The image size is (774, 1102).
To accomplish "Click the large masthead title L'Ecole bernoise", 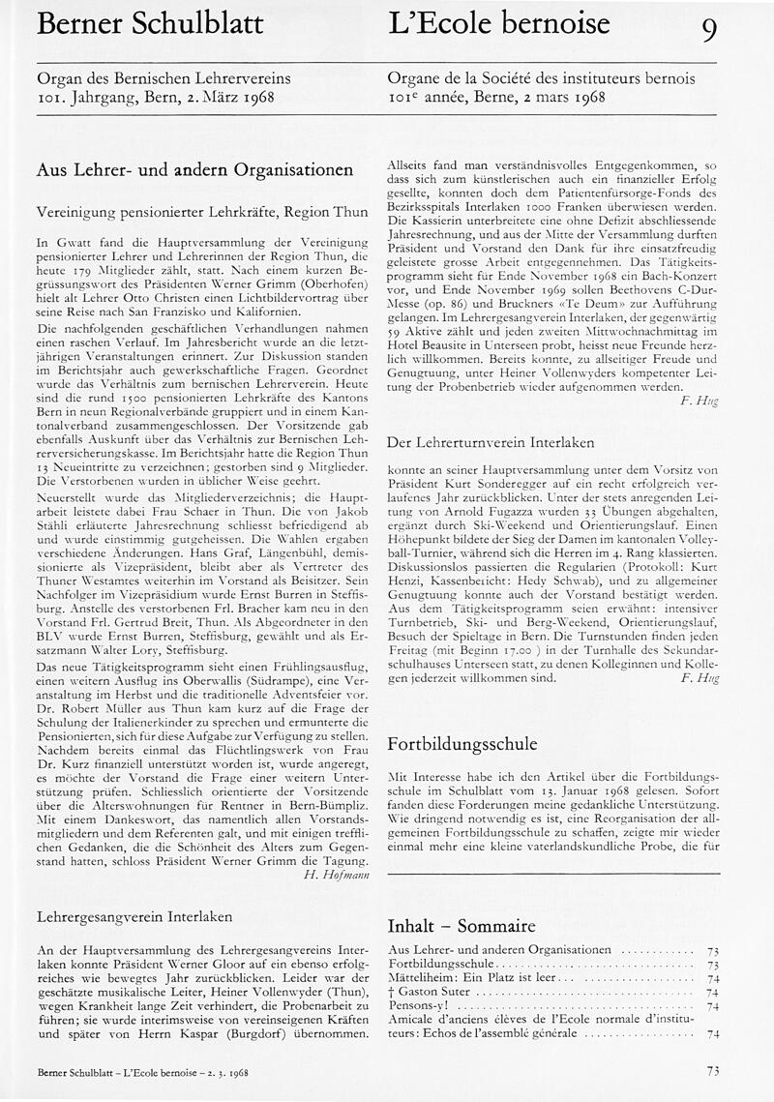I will tap(498, 22).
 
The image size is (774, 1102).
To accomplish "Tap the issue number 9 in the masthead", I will tap(709, 31).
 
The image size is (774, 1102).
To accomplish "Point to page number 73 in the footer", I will tap(713, 1070).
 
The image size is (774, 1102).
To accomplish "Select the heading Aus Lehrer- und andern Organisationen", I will tap(194, 169).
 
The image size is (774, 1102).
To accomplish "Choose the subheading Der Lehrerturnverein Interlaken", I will tap(491, 442).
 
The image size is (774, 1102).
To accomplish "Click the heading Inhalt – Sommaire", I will tap(461, 924).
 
